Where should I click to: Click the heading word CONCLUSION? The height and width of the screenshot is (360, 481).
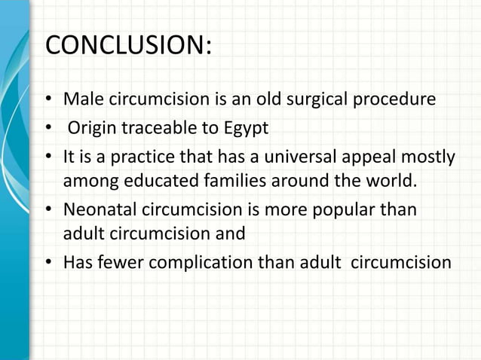[x=127, y=45]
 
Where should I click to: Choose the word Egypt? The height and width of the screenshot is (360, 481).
[x=244, y=129]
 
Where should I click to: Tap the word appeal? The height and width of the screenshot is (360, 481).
[x=352, y=157]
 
